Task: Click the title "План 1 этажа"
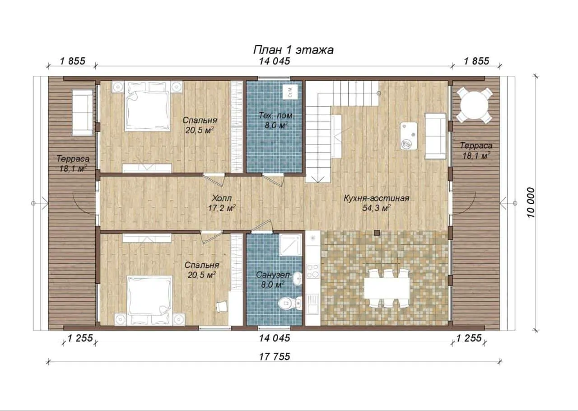click(x=293, y=50)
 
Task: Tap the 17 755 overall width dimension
click(x=275, y=356)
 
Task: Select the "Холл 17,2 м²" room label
click(x=222, y=203)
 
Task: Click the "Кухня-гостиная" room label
click(x=377, y=198)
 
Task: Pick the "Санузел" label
click(x=273, y=275)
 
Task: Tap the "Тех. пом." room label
click(x=276, y=116)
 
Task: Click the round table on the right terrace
click(x=474, y=105)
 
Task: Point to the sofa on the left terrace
click(x=82, y=112)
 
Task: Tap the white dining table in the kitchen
click(x=387, y=288)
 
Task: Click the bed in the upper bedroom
click(x=148, y=106)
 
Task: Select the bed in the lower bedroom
click(x=149, y=300)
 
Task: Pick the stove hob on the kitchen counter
click(x=313, y=271)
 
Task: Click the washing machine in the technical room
click(x=290, y=91)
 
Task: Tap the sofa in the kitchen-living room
click(x=435, y=136)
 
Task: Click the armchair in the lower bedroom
click(x=221, y=306)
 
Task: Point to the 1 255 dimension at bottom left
click(x=80, y=338)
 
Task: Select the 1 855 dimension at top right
click(x=476, y=61)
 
